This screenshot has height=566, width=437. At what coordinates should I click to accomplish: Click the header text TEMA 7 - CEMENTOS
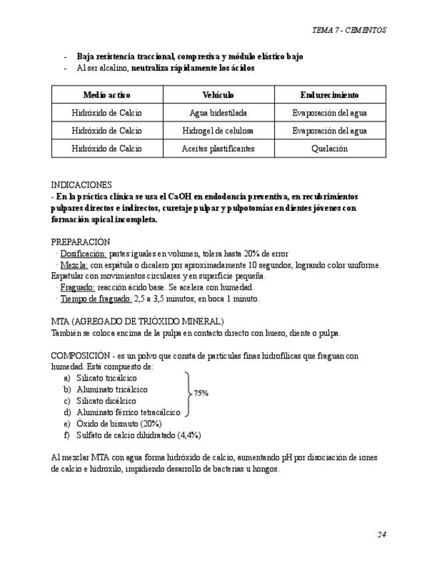click(x=349, y=30)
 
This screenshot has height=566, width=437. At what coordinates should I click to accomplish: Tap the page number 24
click(x=382, y=535)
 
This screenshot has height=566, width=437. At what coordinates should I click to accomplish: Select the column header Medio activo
click(x=107, y=95)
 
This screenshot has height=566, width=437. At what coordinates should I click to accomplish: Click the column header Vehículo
click(x=218, y=95)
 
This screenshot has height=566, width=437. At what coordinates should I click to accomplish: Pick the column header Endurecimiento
click(x=330, y=95)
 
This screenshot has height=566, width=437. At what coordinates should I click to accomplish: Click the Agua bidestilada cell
click(x=218, y=113)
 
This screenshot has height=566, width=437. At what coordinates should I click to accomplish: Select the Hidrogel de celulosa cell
click(x=218, y=131)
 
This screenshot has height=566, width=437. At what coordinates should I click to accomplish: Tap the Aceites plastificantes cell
click(x=218, y=149)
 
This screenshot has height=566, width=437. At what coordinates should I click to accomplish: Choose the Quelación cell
click(x=330, y=149)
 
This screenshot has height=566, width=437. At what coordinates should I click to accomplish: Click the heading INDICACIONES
click(x=81, y=185)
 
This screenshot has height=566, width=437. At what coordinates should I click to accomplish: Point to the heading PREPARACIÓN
click(x=81, y=242)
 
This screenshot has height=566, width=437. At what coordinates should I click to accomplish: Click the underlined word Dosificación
click(x=83, y=254)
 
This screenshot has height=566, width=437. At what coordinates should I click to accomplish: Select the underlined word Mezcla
click(x=73, y=265)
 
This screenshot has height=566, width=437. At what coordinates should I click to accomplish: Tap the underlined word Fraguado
click(x=77, y=288)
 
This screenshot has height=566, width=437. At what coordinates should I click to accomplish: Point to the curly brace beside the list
click(x=187, y=394)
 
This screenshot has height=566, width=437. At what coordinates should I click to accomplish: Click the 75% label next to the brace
click(x=201, y=394)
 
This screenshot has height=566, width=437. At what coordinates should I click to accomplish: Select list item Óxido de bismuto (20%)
click(x=119, y=424)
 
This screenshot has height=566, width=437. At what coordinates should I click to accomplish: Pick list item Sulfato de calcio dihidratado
click(x=139, y=435)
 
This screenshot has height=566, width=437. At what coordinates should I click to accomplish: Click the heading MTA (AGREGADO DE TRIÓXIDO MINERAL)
click(x=137, y=322)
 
